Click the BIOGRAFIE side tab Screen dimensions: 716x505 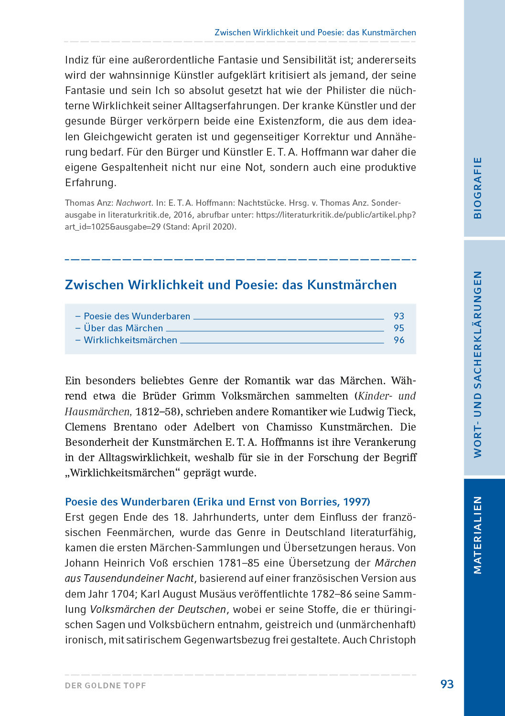click(x=478, y=188)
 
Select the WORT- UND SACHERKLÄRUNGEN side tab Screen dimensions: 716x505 click(x=478, y=364)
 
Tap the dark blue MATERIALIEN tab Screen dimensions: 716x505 click(x=478, y=535)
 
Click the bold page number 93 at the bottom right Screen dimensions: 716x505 click(x=447, y=684)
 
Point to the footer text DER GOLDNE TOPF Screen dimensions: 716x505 click(x=106, y=685)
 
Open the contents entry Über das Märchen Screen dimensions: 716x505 click(x=123, y=328)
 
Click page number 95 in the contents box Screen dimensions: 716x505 click(x=399, y=328)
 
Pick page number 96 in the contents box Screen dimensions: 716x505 click(x=399, y=340)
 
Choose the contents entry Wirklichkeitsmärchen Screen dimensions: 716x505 click(x=130, y=340)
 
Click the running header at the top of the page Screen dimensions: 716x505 click(x=315, y=32)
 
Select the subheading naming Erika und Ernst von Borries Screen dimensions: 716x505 click(x=217, y=502)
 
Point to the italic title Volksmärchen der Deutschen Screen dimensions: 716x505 click(x=158, y=610)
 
